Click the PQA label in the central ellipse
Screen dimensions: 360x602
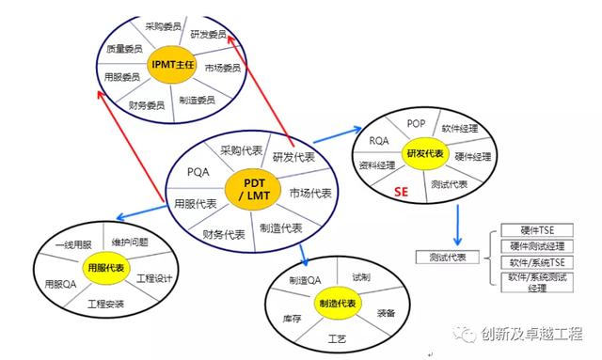198,172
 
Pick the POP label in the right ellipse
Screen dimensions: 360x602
417,123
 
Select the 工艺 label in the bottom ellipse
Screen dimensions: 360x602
338,337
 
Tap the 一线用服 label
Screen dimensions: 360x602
74,243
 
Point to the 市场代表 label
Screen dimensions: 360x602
310,194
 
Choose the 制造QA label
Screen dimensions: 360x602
305,280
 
